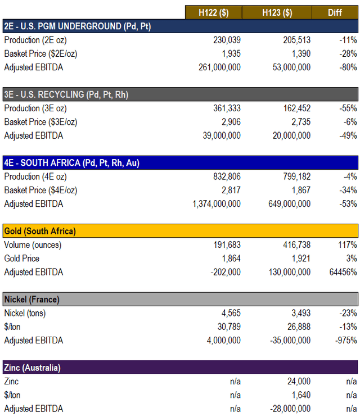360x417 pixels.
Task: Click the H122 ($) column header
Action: (x=214, y=12)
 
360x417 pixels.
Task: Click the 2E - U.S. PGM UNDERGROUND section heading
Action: (x=78, y=26)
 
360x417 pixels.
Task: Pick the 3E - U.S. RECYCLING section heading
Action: (x=66, y=94)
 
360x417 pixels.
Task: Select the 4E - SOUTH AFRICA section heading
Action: (x=71, y=163)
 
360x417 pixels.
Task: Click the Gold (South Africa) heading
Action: (x=40, y=231)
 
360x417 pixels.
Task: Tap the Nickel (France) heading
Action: (x=31, y=299)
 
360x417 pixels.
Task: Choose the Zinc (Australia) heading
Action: (x=33, y=368)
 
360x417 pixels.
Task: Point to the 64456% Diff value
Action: (x=341, y=272)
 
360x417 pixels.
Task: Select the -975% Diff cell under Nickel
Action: (x=344, y=340)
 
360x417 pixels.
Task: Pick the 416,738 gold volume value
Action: (x=294, y=245)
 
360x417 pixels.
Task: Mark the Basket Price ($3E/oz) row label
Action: (x=40, y=122)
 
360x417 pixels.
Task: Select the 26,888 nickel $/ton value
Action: (x=296, y=327)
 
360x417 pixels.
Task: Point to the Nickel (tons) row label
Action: (x=26, y=313)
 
